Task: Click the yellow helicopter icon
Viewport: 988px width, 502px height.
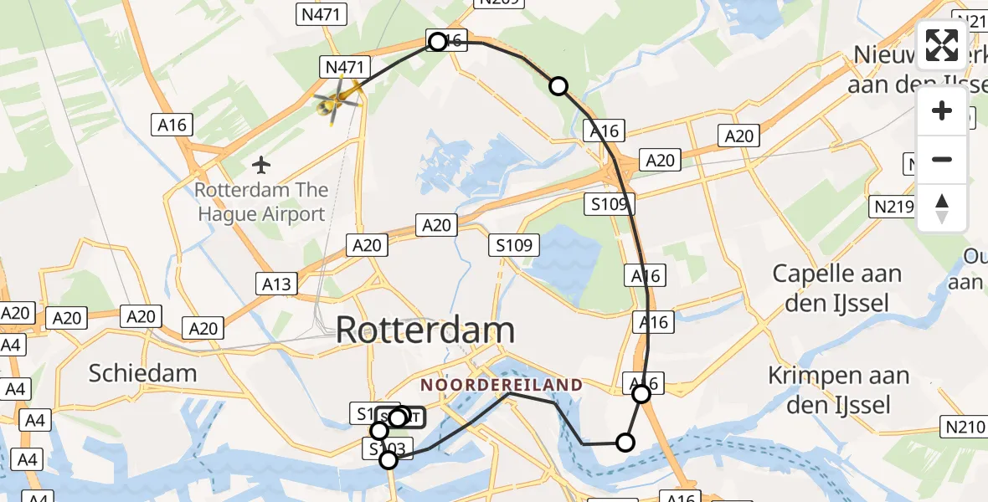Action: [337, 101]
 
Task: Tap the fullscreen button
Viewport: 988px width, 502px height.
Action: [942, 45]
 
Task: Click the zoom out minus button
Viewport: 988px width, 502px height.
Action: [942, 159]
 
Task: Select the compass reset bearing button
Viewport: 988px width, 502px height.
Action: [942, 207]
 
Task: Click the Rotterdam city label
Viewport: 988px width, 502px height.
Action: [425, 330]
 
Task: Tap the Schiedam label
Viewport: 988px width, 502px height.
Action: [143, 373]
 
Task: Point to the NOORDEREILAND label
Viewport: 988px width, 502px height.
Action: [502, 385]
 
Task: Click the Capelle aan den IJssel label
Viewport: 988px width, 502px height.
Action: [837, 288]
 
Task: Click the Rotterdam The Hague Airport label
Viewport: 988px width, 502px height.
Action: [260, 202]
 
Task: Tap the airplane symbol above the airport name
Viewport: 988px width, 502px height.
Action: [262, 164]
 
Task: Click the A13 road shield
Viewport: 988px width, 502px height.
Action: [276, 284]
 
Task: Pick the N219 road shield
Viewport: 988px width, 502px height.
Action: [890, 206]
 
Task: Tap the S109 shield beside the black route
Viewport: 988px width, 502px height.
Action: [610, 203]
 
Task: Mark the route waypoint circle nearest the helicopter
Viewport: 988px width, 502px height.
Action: [437, 41]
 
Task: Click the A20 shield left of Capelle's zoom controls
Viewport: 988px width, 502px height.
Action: [739, 136]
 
